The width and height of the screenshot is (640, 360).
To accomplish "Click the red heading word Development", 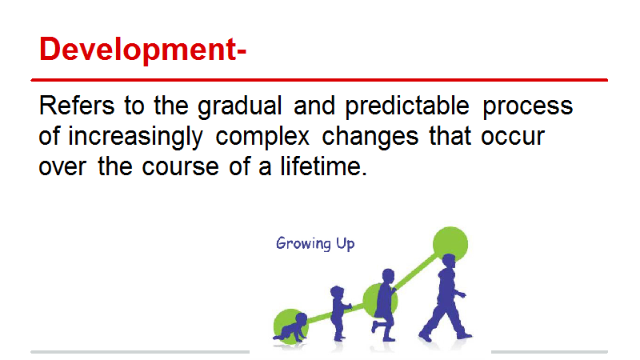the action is pos(137,50).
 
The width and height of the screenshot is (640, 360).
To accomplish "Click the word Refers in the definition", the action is pos(77,106).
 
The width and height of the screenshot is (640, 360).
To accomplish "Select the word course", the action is pos(180,168).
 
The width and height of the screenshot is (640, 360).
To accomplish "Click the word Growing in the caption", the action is pos(303,244).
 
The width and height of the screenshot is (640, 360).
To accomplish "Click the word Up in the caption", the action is pos(346,244).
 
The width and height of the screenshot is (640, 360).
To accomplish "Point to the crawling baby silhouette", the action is pos(290,328).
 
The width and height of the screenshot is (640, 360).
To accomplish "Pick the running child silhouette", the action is pos(384,305).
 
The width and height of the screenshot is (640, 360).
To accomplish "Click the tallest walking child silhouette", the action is pos(446,298).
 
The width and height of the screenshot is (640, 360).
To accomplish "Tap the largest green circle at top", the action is pos(450,243).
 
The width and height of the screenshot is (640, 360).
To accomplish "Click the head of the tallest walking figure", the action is pos(448,261).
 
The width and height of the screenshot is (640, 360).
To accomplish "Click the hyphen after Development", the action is pos(242,52).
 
